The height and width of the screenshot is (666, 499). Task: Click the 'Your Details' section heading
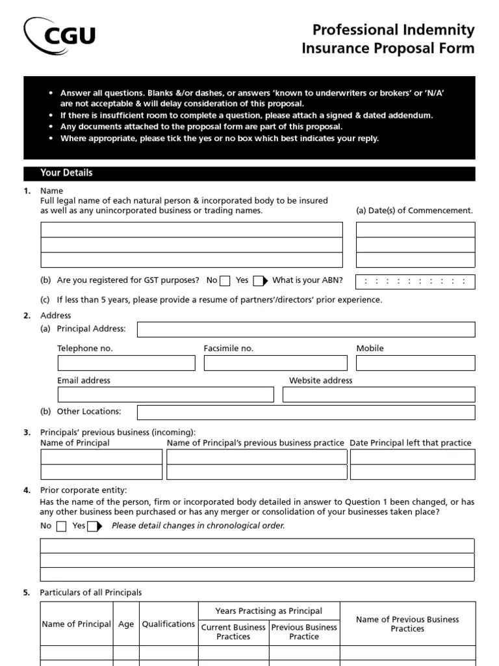click(66, 173)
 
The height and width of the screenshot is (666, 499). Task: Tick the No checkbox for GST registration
click(225, 281)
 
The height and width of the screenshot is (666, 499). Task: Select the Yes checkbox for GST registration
click(258, 281)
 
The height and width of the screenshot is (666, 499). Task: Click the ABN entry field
click(415, 282)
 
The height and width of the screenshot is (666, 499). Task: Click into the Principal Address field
click(305, 329)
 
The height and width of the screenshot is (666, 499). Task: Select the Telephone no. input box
click(126, 363)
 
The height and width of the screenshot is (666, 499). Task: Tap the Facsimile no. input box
click(275, 363)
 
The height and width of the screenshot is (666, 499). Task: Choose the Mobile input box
click(415, 363)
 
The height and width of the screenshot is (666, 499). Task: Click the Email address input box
click(166, 395)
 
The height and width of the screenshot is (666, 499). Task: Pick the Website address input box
click(379, 395)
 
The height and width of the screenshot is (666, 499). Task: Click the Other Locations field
click(305, 412)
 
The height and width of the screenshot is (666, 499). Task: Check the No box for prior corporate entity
click(61, 526)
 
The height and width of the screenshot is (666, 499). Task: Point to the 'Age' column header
click(126, 624)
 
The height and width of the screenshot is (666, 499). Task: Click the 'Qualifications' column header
click(168, 624)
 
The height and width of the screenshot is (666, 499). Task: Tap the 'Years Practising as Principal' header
click(268, 611)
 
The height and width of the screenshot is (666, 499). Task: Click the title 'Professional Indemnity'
click(394, 30)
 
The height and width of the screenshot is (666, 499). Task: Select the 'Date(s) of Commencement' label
click(415, 211)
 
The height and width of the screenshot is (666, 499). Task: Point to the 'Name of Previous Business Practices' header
click(407, 624)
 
